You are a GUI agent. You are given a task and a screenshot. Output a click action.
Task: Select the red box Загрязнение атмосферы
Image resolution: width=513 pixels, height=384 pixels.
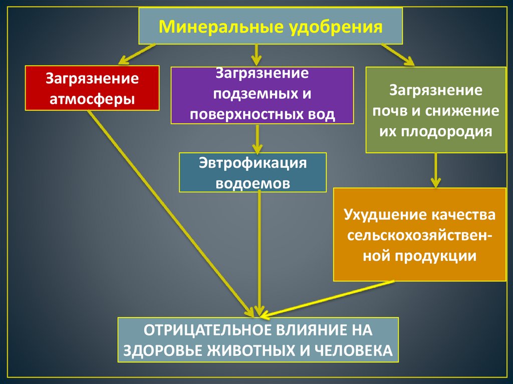pyautogui.click(x=92, y=88)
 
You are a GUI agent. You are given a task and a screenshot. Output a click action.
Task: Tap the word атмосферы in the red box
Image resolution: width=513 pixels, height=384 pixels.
pyautogui.click(x=92, y=99)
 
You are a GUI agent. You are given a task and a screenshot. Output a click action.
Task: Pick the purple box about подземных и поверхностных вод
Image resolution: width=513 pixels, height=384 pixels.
pyautogui.click(x=262, y=95)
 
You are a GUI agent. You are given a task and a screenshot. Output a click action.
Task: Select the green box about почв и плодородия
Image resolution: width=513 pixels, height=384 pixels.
pyautogui.click(x=435, y=110)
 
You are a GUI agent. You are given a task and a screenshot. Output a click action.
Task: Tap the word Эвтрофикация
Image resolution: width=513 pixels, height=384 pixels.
pyautogui.click(x=252, y=163)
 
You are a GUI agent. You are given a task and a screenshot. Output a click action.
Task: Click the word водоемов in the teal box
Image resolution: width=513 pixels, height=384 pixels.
pyautogui.click(x=252, y=183)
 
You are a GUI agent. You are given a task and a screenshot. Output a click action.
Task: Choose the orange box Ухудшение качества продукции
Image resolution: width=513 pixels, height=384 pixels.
pyautogui.click(x=419, y=234)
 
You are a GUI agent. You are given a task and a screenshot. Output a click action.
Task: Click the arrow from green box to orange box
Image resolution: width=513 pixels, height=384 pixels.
pyautogui.click(x=436, y=170)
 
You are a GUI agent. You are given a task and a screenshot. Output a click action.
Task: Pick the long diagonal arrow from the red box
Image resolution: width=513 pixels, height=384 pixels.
pyautogui.click(x=170, y=210)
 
